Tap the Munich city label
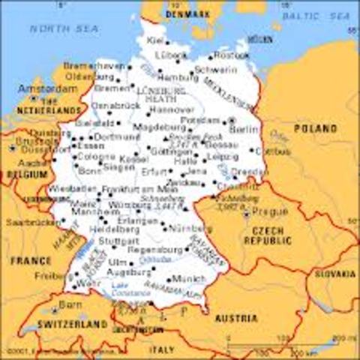(189, 278)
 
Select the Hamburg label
(179, 77)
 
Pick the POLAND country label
(315, 129)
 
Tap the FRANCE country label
(31, 260)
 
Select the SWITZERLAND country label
(64, 325)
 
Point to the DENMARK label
(187, 13)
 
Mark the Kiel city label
(156, 40)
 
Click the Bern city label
(70, 305)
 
